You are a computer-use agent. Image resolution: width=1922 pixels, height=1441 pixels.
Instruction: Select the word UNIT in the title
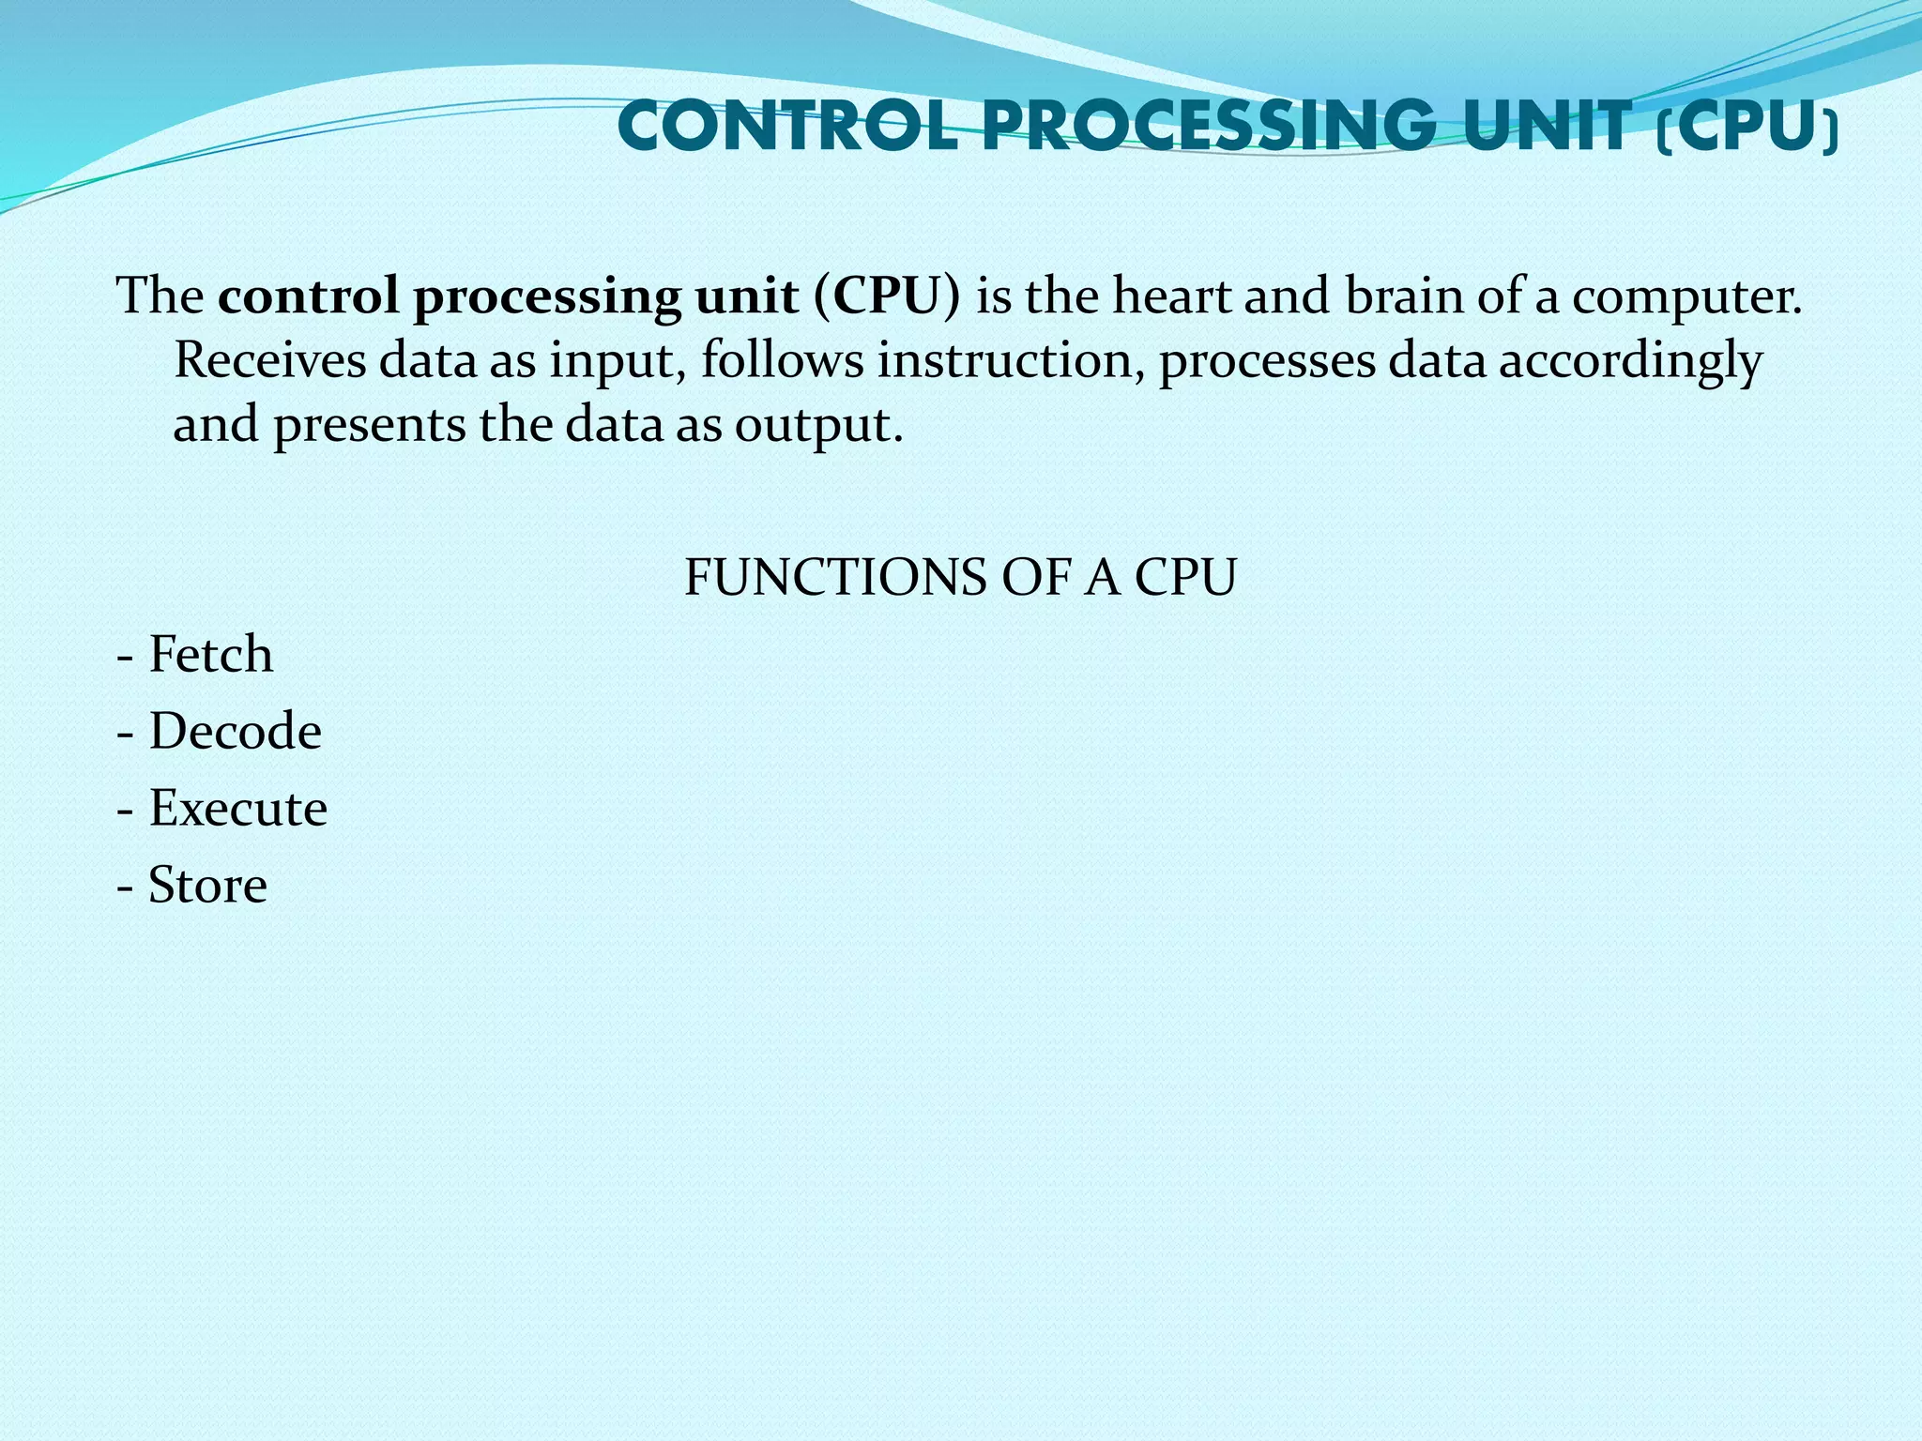pyautogui.click(x=1547, y=127)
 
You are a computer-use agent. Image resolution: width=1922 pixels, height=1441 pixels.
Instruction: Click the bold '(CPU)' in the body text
pyautogui.click(x=887, y=296)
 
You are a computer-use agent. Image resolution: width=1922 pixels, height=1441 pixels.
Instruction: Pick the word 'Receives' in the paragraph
pyautogui.click(x=270, y=360)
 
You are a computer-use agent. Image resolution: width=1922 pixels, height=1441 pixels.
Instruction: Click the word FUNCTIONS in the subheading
pyautogui.click(x=834, y=577)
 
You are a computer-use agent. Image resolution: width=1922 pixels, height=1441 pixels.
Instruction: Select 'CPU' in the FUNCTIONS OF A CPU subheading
pyautogui.click(x=1185, y=577)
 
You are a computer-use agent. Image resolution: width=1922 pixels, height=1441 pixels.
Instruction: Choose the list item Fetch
pyautogui.click(x=210, y=654)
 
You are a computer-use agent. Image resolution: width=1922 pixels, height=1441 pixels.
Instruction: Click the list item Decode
pyautogui.click(x=235, y=731)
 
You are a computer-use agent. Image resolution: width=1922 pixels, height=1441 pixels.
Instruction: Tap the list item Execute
pyautogui.click(x=237, y=808)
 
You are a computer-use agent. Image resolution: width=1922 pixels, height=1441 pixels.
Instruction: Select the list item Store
pyautogui.click(x=207, y=885)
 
